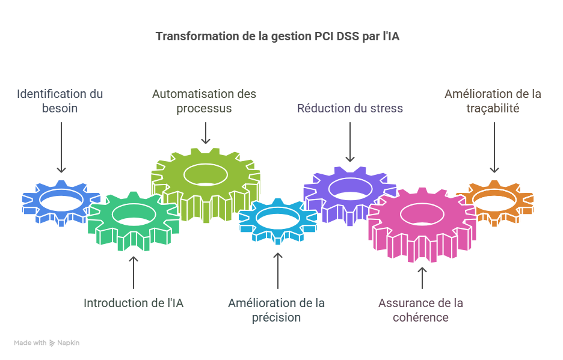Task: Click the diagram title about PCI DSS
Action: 277,37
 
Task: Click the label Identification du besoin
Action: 60,101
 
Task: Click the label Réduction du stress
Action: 350,108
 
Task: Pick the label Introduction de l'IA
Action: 134,303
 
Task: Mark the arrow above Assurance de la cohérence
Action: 422,278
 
